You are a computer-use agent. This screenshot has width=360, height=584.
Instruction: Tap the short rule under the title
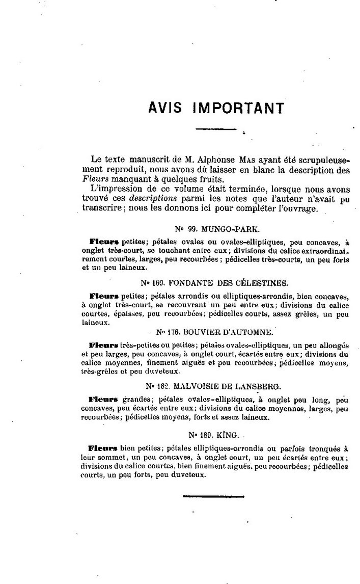click(216, 129)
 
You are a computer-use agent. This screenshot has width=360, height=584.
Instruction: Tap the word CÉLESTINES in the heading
click(262, 282)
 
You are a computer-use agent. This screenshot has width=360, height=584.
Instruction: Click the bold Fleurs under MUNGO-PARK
click(104, 241)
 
